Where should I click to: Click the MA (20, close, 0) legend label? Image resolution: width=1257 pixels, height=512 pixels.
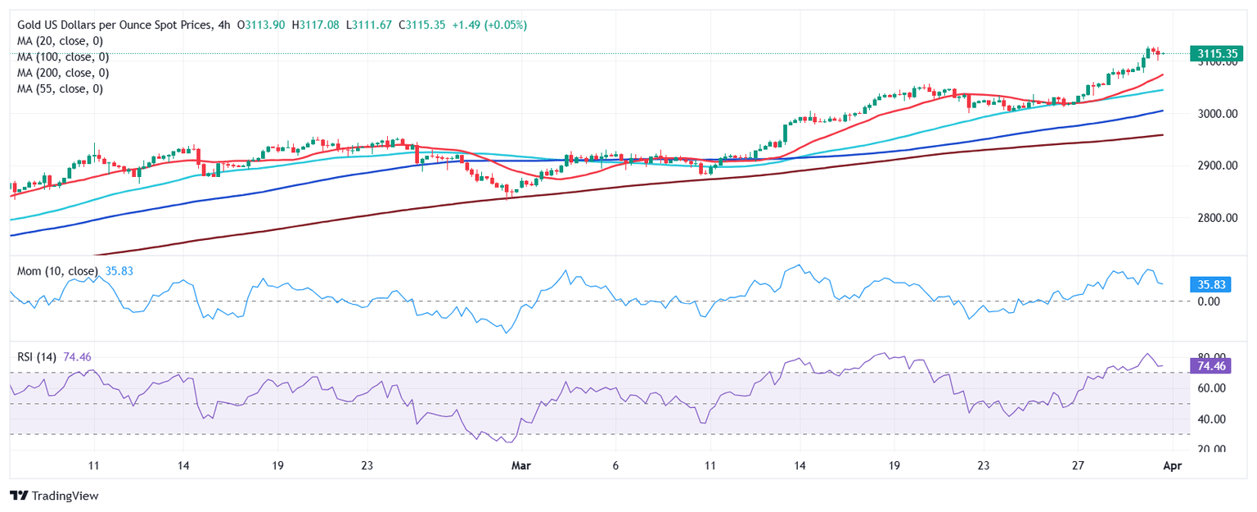(x=61, y=41)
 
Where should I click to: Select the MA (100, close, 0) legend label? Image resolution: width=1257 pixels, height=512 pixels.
(x=63, y=57)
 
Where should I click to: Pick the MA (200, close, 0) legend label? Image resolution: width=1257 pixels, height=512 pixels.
(x=63, y=72)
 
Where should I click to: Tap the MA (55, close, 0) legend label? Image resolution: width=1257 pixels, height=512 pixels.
(x=61, y=88)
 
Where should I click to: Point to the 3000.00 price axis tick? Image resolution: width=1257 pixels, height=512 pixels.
(x=1217, y=114)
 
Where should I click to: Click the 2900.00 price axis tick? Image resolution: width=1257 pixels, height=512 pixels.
(x=1217, y=166)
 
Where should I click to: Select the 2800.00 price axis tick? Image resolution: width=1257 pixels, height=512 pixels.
(x=1217, y=218)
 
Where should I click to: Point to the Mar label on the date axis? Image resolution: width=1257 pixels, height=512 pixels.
(x=520, y=465)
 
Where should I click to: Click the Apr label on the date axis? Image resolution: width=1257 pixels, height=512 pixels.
(x=1172, y=465)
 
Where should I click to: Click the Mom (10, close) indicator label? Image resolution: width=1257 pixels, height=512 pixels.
(x=57, y=271)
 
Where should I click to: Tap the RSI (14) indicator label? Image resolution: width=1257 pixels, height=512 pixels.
(x=38, y=356)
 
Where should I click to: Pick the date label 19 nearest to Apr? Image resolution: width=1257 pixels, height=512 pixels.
(x=894, y=465)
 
